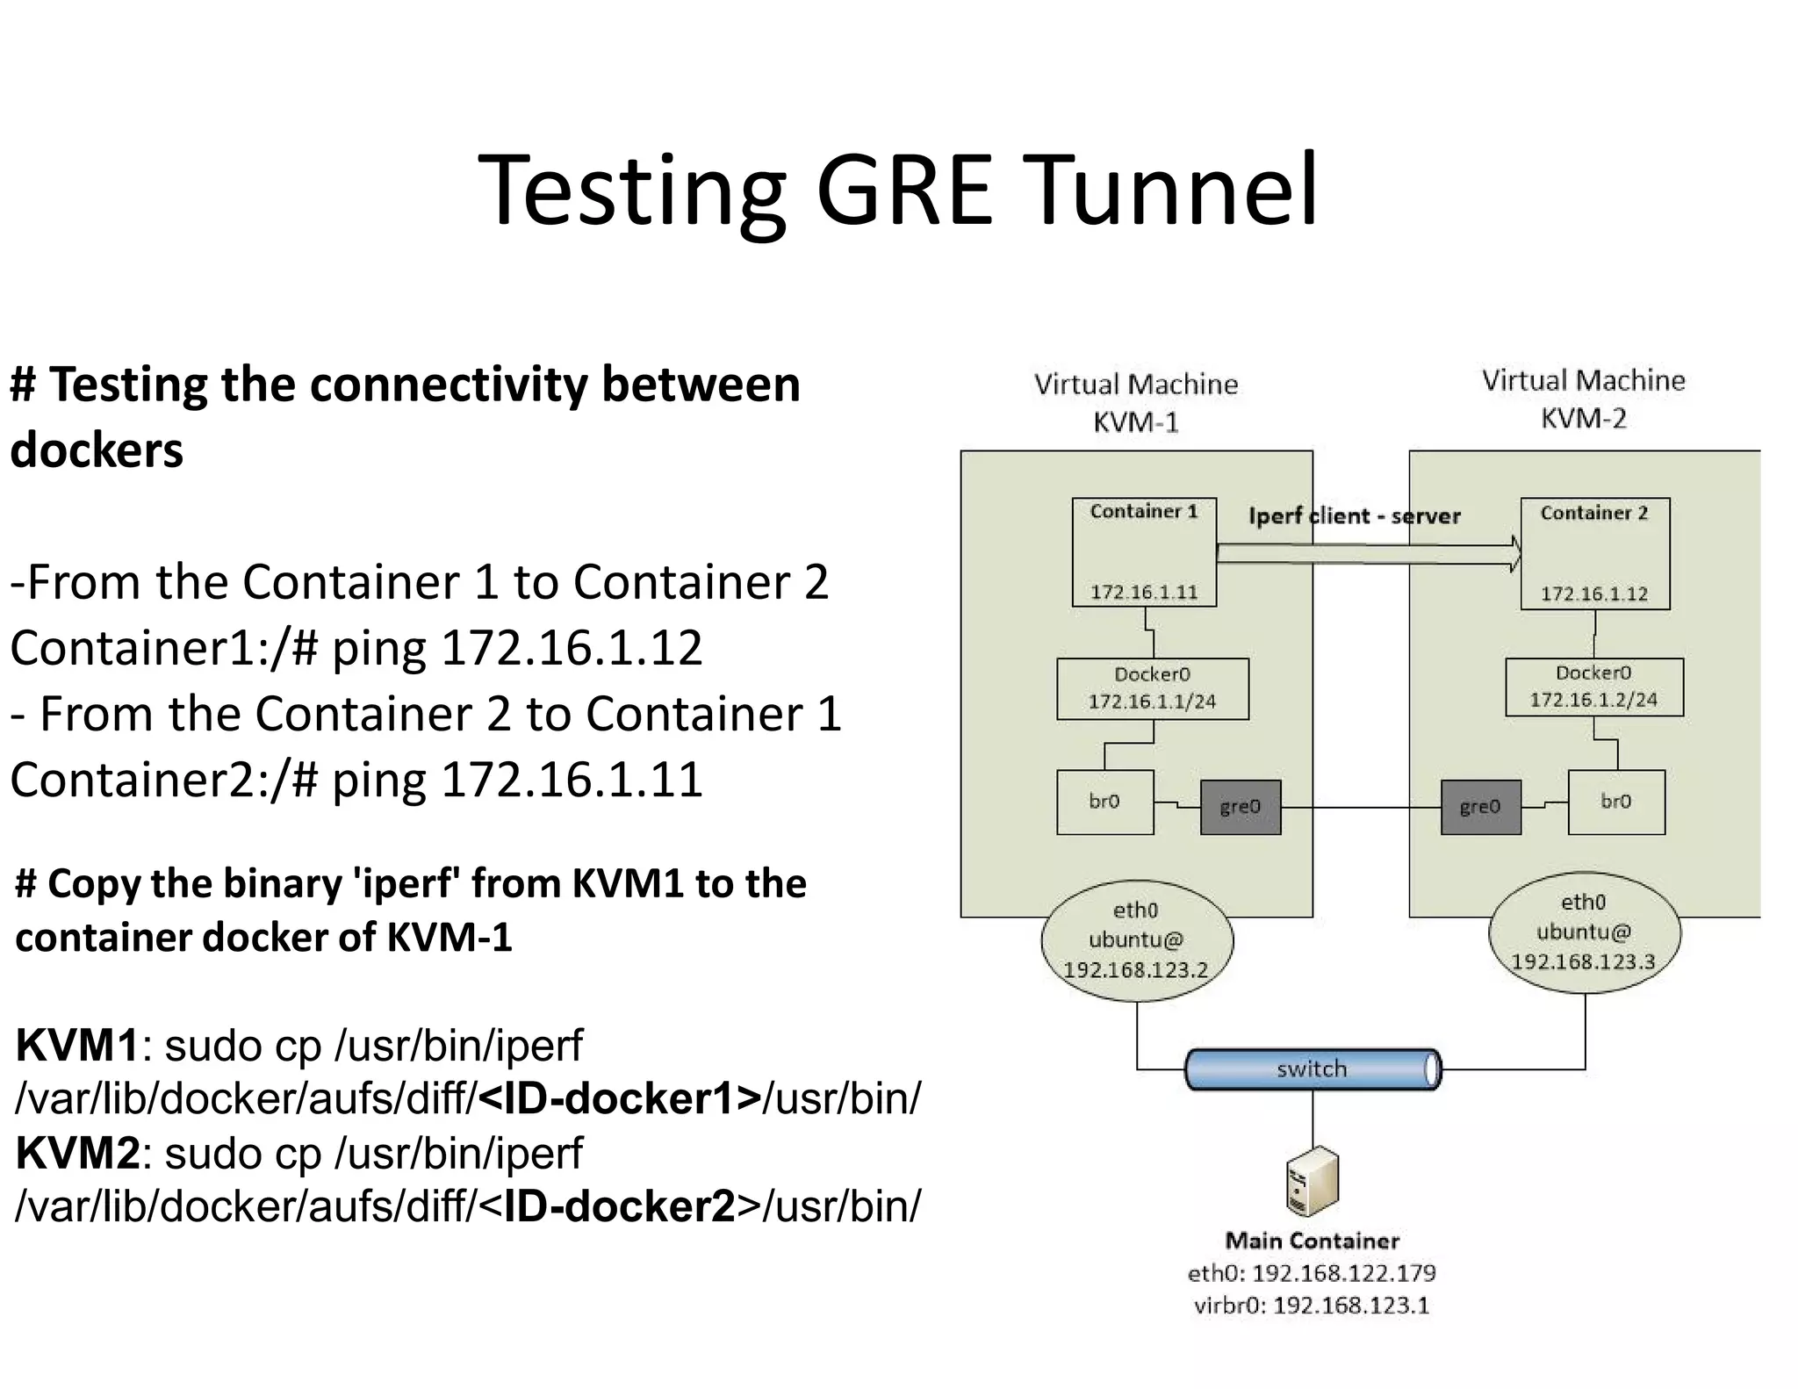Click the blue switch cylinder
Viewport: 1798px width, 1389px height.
(1312, 1069)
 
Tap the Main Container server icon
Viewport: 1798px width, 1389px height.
(1313, 1182)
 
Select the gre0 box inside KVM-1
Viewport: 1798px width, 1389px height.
(1240, 806)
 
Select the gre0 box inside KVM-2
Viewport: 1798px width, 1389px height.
(1480, 806)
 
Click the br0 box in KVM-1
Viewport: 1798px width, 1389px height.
(1104, 802)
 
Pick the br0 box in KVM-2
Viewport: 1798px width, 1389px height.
(1615, 802)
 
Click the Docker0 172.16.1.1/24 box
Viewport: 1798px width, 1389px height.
(1152, 688)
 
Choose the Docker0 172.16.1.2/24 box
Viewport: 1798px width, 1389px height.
(1593, 687)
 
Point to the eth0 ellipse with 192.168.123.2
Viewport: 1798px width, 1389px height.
(1136, 940)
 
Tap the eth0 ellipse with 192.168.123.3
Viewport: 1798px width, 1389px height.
(1584, 932)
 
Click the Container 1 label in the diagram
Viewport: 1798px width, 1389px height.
(1143, 512)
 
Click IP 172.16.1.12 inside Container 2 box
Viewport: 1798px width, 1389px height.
(1594, 594)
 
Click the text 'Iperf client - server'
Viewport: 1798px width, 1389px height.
(1354, 516)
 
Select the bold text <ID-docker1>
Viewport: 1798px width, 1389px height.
(620, 1098)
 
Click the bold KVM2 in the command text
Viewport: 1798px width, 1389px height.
(77, 1153)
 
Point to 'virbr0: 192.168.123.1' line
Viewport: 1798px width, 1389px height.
(1312, 1306)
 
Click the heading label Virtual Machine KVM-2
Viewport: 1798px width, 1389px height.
(1583, 399)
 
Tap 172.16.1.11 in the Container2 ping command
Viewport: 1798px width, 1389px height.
(572, 780)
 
